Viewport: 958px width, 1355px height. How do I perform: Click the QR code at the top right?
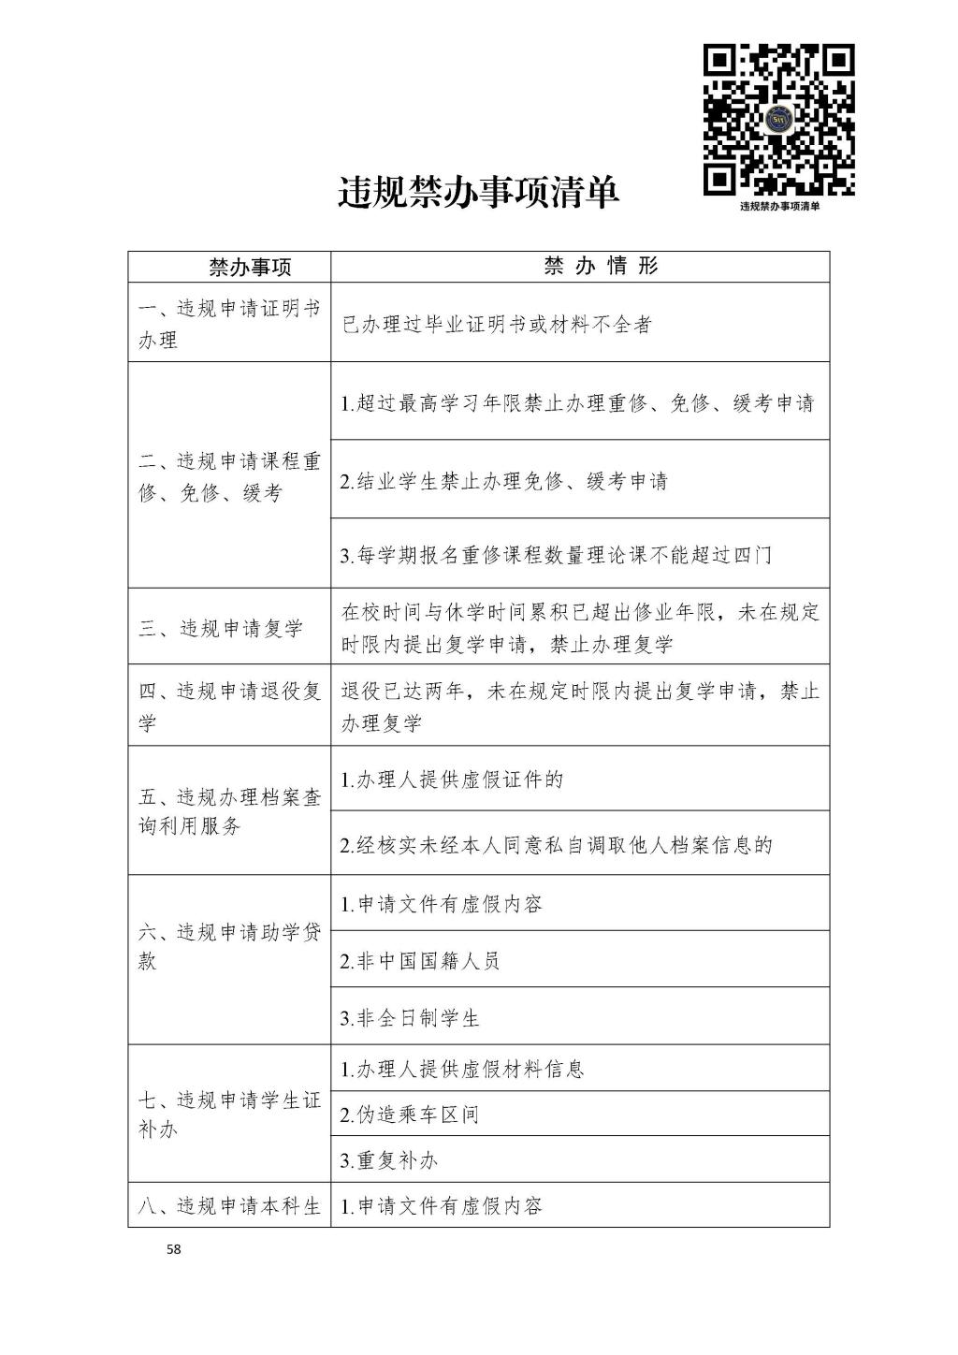pos(778,121)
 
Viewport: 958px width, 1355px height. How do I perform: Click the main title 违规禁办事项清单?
pos(478,192)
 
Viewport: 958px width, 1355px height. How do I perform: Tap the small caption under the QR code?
pos(778,207)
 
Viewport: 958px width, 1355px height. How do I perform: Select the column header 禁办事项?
pos(250,268)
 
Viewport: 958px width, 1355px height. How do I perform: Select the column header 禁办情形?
pos(601,267)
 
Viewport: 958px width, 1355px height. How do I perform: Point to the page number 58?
pos(173,1249)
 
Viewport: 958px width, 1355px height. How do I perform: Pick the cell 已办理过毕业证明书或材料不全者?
pos(496,325)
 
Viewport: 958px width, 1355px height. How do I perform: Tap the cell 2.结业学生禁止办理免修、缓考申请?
pos(503,482)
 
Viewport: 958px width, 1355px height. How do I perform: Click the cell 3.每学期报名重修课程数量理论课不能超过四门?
pos(556,555)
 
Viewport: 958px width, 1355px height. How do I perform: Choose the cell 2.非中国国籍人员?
pos(419,961)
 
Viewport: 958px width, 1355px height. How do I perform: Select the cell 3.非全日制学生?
pos(409,1018)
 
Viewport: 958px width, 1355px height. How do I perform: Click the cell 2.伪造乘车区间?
pos(409,1115)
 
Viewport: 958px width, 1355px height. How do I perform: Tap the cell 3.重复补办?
pos(388,1160)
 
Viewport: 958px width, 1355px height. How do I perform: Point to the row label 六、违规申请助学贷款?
pos(229,946)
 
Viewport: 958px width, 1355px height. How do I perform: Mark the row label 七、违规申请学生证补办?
pos(229,1115)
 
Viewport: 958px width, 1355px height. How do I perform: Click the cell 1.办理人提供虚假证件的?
pos(451,779)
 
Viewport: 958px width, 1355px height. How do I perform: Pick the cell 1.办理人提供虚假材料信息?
pos(461,1069)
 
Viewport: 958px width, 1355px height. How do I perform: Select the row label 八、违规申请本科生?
pos(229,1205)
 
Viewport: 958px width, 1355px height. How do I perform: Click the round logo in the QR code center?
pos(778,120)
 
